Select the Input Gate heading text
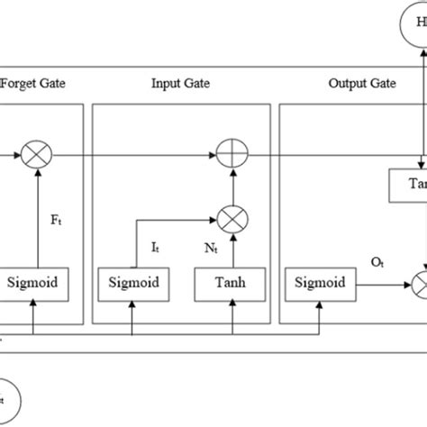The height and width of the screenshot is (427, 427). coord(180,84)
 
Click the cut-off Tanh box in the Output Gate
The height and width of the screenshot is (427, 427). coord(411,183)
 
